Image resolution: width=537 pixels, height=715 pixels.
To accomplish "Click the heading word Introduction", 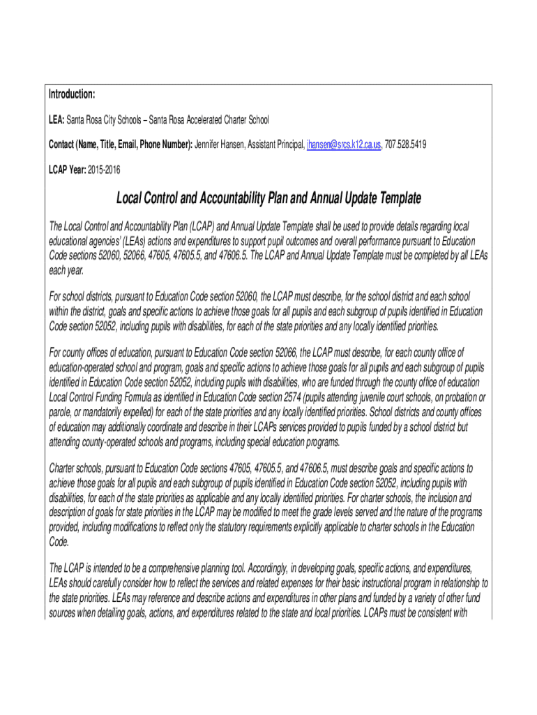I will (72, 94).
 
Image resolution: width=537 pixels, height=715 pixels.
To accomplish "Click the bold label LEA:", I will (56, 120).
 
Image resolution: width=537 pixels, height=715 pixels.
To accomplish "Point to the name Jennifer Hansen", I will (222, 145).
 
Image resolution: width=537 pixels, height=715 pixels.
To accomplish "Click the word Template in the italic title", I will (394, 199).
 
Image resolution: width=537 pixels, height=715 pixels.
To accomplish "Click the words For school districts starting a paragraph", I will (87, 296).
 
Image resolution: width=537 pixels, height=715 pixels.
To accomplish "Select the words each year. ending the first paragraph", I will (64, 271).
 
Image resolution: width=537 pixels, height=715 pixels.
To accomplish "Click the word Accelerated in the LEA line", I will (193, 120).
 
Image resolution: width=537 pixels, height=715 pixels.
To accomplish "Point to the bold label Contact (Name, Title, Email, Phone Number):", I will (120, 145).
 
